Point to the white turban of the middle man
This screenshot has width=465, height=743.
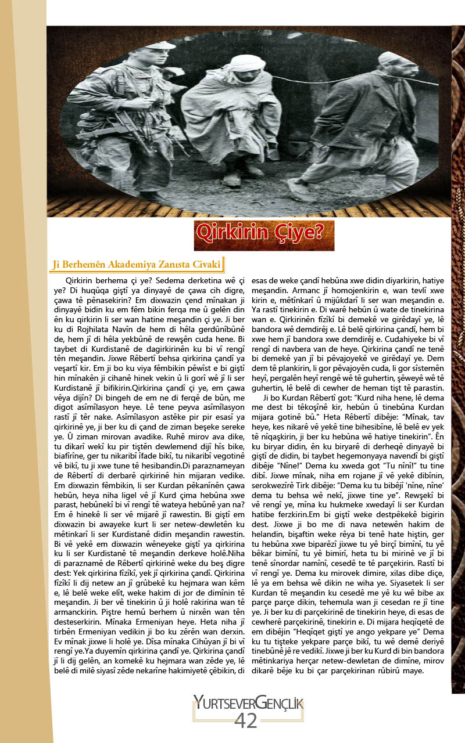tap(239, 62)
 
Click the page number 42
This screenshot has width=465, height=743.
tap(245, 720)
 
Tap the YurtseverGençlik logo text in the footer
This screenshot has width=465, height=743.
tap(248, 704)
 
